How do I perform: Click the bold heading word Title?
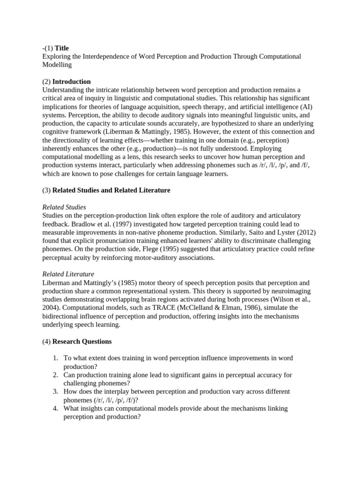[x=61, y=48]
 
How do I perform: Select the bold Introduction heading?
[x=71, y=82]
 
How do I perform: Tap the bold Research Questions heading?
[x=82, y=341]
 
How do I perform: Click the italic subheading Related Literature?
[x=68, y=274]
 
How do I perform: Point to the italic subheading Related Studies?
[x=64, y=207]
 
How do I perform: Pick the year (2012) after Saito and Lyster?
[x=305, y=232]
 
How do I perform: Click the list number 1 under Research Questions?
[x=55, y=358]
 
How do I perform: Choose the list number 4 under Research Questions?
[x=55, y=409]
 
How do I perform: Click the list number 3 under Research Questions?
[x=55, y=392]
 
